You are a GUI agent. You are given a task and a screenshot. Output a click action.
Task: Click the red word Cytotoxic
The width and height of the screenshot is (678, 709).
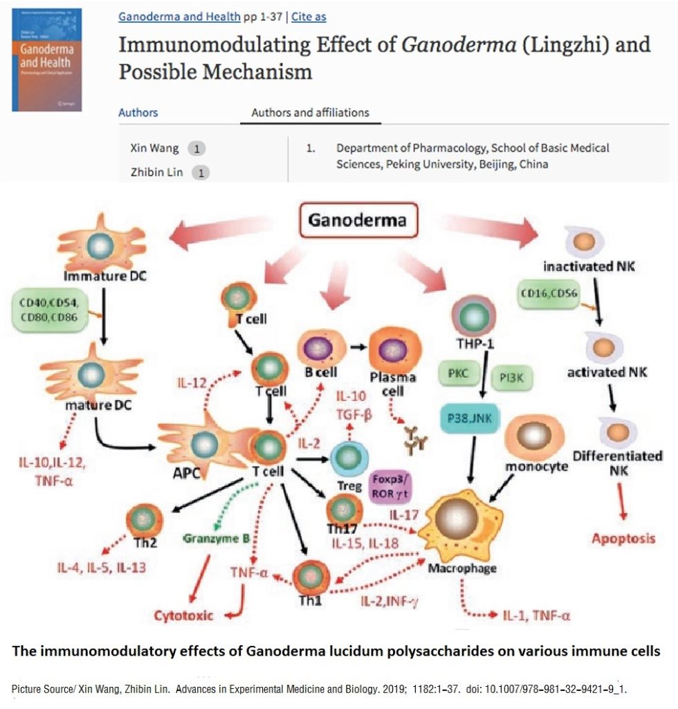183,615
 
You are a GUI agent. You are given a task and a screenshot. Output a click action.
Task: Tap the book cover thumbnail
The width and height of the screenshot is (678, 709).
46,60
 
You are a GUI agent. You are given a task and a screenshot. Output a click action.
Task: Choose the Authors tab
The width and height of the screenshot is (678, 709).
138,112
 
